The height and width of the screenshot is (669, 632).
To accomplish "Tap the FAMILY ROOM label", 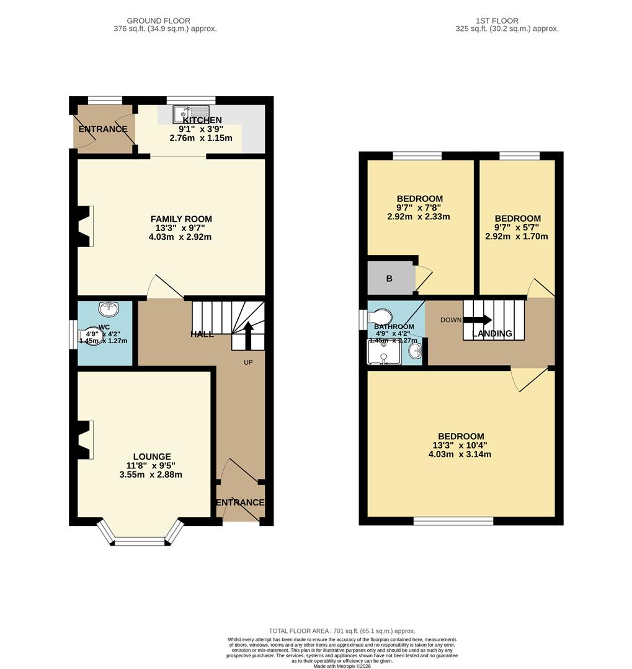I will pyautogui.click(x=181, y=219).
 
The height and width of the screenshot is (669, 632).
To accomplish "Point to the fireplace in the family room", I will pyautogui.click(x=84, y=226).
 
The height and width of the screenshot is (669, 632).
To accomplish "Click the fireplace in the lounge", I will pyautogui.click(x=84, y=440).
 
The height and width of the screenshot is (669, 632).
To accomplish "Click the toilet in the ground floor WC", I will pyautogui.click(x=92, y=336).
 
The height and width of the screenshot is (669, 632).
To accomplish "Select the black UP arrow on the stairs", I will pyautogui.click(x=248, y=335).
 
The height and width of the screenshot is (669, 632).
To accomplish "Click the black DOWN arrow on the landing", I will pyautogui.click(x=478, y=320).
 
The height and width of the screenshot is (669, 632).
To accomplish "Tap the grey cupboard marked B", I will pyautogui.click(x=390, y=278).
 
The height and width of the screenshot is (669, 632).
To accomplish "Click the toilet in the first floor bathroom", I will pyautogui.click(x=380, y=317).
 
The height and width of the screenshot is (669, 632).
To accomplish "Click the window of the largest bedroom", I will pyautogui.click(x=453, y=522).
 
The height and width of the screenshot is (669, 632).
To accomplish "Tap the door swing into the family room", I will pyautogui.click(x=162, y=288).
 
